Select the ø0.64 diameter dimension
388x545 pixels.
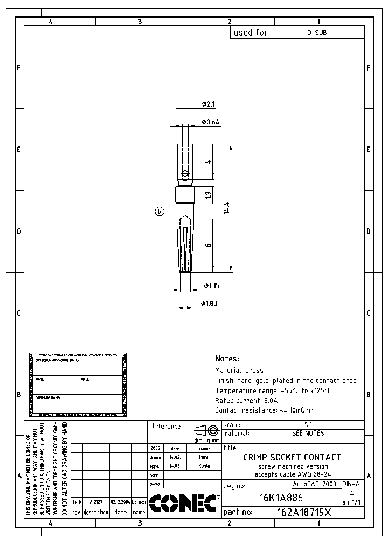[x=210, y=122]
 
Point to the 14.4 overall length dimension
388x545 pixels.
[x=226, y=207]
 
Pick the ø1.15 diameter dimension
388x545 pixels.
[x=211, y=285]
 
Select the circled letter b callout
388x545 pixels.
[x=160, y=212]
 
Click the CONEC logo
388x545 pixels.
[x=184, y=503]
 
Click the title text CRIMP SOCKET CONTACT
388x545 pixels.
[x=292, y=457]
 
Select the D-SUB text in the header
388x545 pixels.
[x=317, y=33]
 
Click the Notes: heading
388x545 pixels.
[x=227, y=359]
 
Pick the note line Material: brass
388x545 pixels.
[x=239, y=371]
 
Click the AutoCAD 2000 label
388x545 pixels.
[x=314, y=484]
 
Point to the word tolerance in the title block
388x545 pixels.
[x=166, y=426]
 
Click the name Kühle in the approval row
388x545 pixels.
[x=204, y=466]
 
